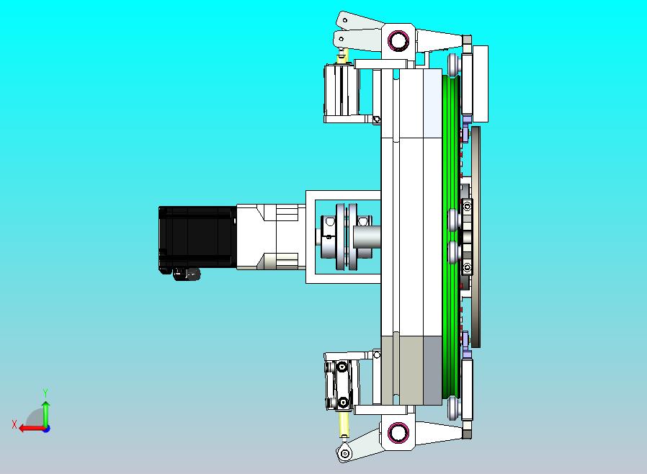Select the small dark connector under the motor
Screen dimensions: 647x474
(187, 274)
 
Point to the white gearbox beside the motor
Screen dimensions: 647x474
(271, 237)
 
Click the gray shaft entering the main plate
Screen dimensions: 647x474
(367, 237)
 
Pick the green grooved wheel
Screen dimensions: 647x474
(450, 237)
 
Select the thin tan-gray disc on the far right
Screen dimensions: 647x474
(476, 237)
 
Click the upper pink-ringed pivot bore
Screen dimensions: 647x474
(398, 40)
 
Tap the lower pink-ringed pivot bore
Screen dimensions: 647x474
(398, 433)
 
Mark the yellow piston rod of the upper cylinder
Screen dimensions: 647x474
(342, 56)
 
